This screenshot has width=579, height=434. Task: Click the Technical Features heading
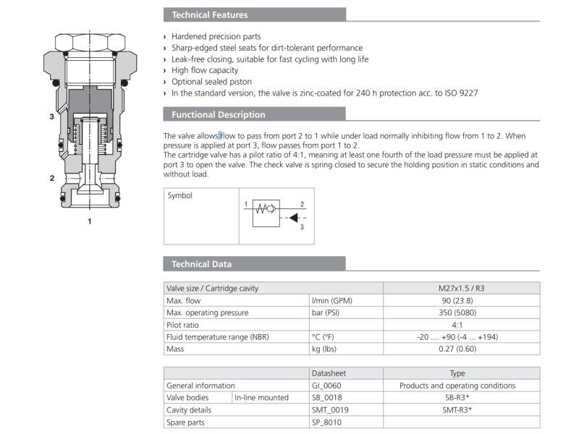pos(209,14)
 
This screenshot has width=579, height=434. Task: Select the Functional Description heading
pos(218,114)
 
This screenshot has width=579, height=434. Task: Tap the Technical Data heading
pos(201,264)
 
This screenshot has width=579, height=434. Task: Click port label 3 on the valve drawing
pos(51,116)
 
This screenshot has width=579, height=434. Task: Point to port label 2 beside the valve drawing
pos(51,178)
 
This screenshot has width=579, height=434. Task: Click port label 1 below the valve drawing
pos(90,221)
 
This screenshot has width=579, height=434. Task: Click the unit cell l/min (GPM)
pos(333,300)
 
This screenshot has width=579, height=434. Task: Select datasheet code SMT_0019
pos(330,409)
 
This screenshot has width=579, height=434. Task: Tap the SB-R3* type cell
pos(457,397)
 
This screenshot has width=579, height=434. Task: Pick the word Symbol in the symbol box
pos(180,195)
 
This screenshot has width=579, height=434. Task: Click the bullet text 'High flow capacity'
pos(205,70)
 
